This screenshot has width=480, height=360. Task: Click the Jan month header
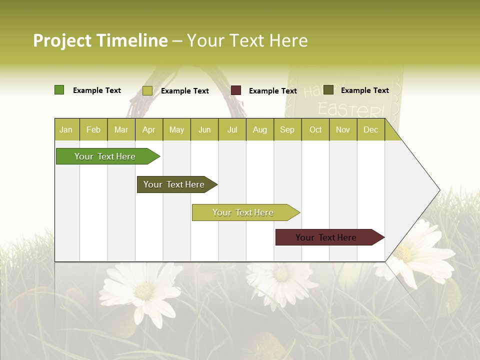66,129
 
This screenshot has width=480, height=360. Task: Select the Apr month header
149,129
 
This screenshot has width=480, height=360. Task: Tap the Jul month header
232,129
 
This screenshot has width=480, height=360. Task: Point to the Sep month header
287,129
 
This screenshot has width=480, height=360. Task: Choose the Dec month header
370,129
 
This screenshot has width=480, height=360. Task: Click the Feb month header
93,129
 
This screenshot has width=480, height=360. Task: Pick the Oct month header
315,129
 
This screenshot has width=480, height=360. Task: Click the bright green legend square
59,90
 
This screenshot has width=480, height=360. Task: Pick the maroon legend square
236,90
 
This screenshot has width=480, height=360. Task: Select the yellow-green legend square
147,90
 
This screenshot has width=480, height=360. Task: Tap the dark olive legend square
328,90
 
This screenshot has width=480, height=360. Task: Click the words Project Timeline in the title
100,40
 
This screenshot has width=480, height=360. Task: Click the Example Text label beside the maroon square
272,91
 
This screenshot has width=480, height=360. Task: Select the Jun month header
204,129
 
